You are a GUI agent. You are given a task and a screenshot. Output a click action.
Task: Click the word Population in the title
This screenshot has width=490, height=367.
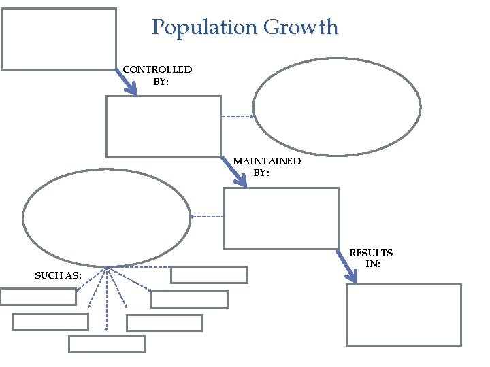pyautogui.click(x=204, y=28)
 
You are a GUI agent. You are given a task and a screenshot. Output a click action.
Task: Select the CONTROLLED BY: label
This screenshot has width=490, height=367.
pyautogui.click(x=157, y=75)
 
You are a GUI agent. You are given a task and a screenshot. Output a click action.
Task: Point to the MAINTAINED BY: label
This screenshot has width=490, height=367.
pyautogui.click(x=266, y=167)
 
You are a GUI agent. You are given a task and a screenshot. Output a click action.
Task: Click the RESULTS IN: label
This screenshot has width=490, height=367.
pyautogui.click(x=371, y=258)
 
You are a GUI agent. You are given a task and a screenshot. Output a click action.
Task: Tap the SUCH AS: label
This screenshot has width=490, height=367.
pyautogui.click(x=59, y=275)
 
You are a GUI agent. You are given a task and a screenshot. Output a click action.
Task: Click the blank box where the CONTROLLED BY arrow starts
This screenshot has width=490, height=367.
pyautogui.click(x=59, y=39)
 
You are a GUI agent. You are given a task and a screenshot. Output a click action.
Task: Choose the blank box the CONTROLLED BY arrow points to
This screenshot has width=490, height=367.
pyautogui.click(x=163, y=126)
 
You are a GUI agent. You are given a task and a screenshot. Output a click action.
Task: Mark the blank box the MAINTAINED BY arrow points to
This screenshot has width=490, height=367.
pyautogui.click(x=281, y=218)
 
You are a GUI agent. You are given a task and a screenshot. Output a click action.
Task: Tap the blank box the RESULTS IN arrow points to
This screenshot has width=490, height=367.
pyautogui.click(x=404, y=315)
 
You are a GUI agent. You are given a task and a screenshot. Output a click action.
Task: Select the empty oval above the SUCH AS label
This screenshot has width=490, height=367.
pyautogui.click(x=107, y=217)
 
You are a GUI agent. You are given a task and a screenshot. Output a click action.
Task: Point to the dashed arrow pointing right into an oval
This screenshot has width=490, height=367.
pyautogui.click(x=238, y=116)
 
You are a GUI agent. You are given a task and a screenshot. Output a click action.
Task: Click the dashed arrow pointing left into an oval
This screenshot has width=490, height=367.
pyautogui.click(x=208, y=217)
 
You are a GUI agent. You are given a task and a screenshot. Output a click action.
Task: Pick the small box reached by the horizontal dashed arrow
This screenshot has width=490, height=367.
pyautogui.click(x=209, y=275)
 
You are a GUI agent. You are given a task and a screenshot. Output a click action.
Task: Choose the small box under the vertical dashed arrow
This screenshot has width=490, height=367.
pyautogui.click(x=107, y=344)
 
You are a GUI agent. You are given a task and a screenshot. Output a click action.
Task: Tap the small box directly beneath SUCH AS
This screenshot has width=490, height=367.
pyautogui.click(x=38, y=296)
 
